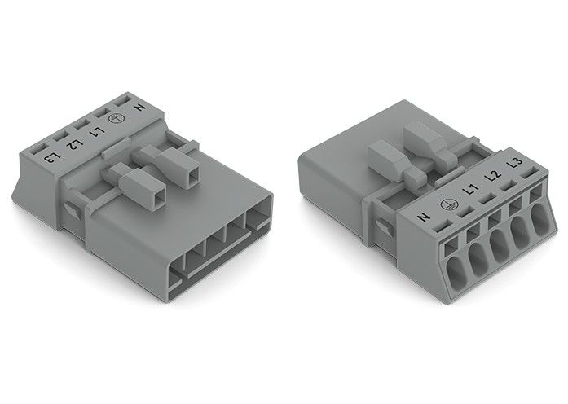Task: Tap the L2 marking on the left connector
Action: pyautogui.click(x=73, y=145)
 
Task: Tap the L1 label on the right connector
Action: pyautogui.click(x=470, y=191)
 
